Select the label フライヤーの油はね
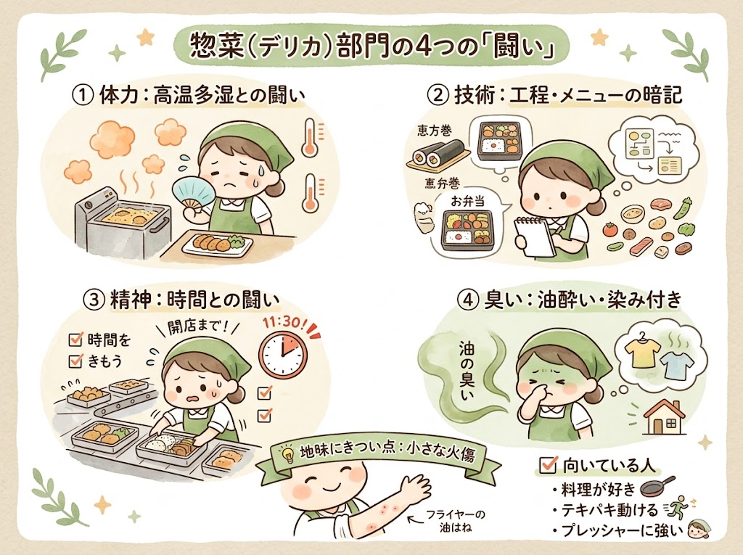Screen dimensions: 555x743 click(461, 521)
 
